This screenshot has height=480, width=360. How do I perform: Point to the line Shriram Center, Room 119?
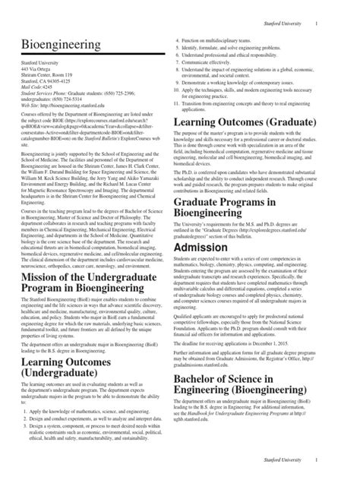pyautogui.click(x=50, y=76)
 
